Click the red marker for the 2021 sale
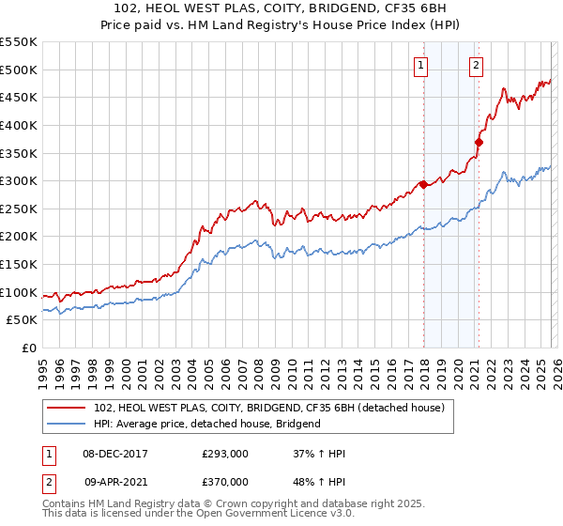click(x=479, y=142)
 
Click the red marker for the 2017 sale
click(x=423, y=184)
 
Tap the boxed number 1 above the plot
click(x=419, y=65)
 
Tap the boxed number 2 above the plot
click(x=476, y=65)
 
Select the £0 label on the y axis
click(x=29, y=348)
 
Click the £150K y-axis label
click(x=19, y=264)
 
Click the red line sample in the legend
click(x=68, y=408)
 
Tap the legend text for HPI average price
click(x=207, y=424)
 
